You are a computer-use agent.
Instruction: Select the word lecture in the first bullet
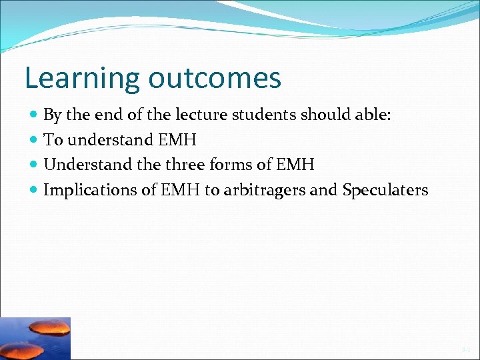(200, 115)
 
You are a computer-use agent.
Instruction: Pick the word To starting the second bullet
(52, 140)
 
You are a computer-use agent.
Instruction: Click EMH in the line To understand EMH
(177, 140)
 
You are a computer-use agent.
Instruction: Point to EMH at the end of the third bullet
(295, 165)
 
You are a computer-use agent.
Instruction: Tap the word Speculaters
(385, 190)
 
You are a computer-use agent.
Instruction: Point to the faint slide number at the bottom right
(465, 349)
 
